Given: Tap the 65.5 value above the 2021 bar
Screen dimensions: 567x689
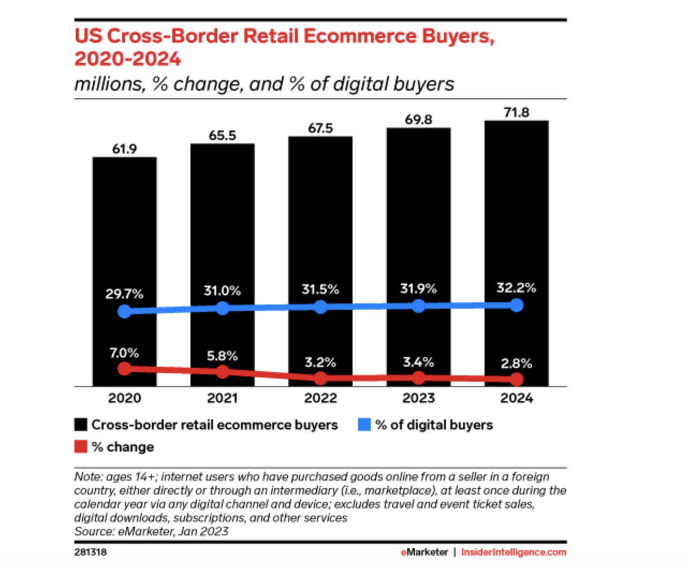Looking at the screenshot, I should click(222, 135).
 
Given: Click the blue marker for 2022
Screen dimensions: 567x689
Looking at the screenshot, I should click(320, 307).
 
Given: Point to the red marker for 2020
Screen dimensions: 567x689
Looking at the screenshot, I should click(124, 369).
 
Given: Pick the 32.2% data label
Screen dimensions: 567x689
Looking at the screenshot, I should click(516, 288).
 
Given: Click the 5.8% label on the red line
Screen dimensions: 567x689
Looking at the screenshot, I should click(222, 356).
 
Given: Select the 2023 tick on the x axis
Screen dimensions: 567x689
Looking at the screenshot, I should click(418, 398).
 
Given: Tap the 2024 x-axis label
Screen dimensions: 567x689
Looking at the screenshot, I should click(516, 398).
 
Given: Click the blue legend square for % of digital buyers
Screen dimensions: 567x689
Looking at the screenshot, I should click(364, 425).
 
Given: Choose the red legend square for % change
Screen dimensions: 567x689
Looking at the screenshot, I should click(80, 447).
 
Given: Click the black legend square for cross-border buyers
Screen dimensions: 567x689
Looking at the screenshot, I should click(80, 425).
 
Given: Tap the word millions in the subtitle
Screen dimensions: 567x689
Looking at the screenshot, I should click(109, 84).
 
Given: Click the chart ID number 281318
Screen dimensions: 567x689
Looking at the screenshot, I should click(90, 552).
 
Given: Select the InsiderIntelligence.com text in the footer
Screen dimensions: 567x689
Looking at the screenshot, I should click(514, 552).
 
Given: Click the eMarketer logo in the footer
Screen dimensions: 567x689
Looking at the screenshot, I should click(424, 552).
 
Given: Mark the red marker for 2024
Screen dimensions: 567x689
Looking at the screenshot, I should click(516, 380).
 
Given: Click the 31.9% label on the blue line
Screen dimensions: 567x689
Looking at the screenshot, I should click(418, 289).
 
